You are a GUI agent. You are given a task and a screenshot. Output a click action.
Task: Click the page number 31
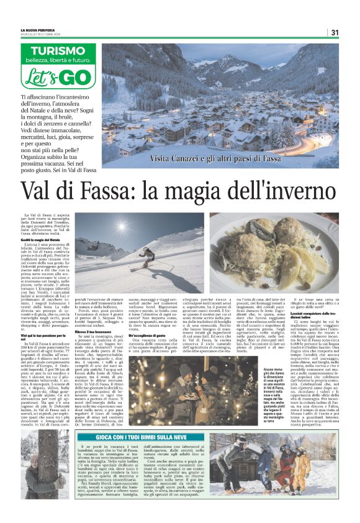point(335,32)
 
